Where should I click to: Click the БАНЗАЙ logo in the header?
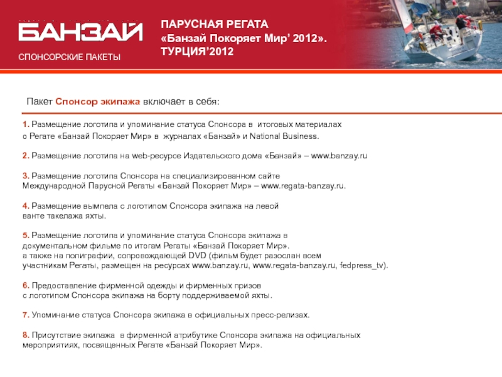80,32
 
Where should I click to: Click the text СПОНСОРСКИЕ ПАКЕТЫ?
69,57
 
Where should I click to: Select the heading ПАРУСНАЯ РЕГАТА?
214,25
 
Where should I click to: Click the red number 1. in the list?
26,125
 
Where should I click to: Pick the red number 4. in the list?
26,206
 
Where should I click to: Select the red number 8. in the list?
26,335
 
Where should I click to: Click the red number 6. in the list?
26,285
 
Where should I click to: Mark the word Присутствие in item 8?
55,335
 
